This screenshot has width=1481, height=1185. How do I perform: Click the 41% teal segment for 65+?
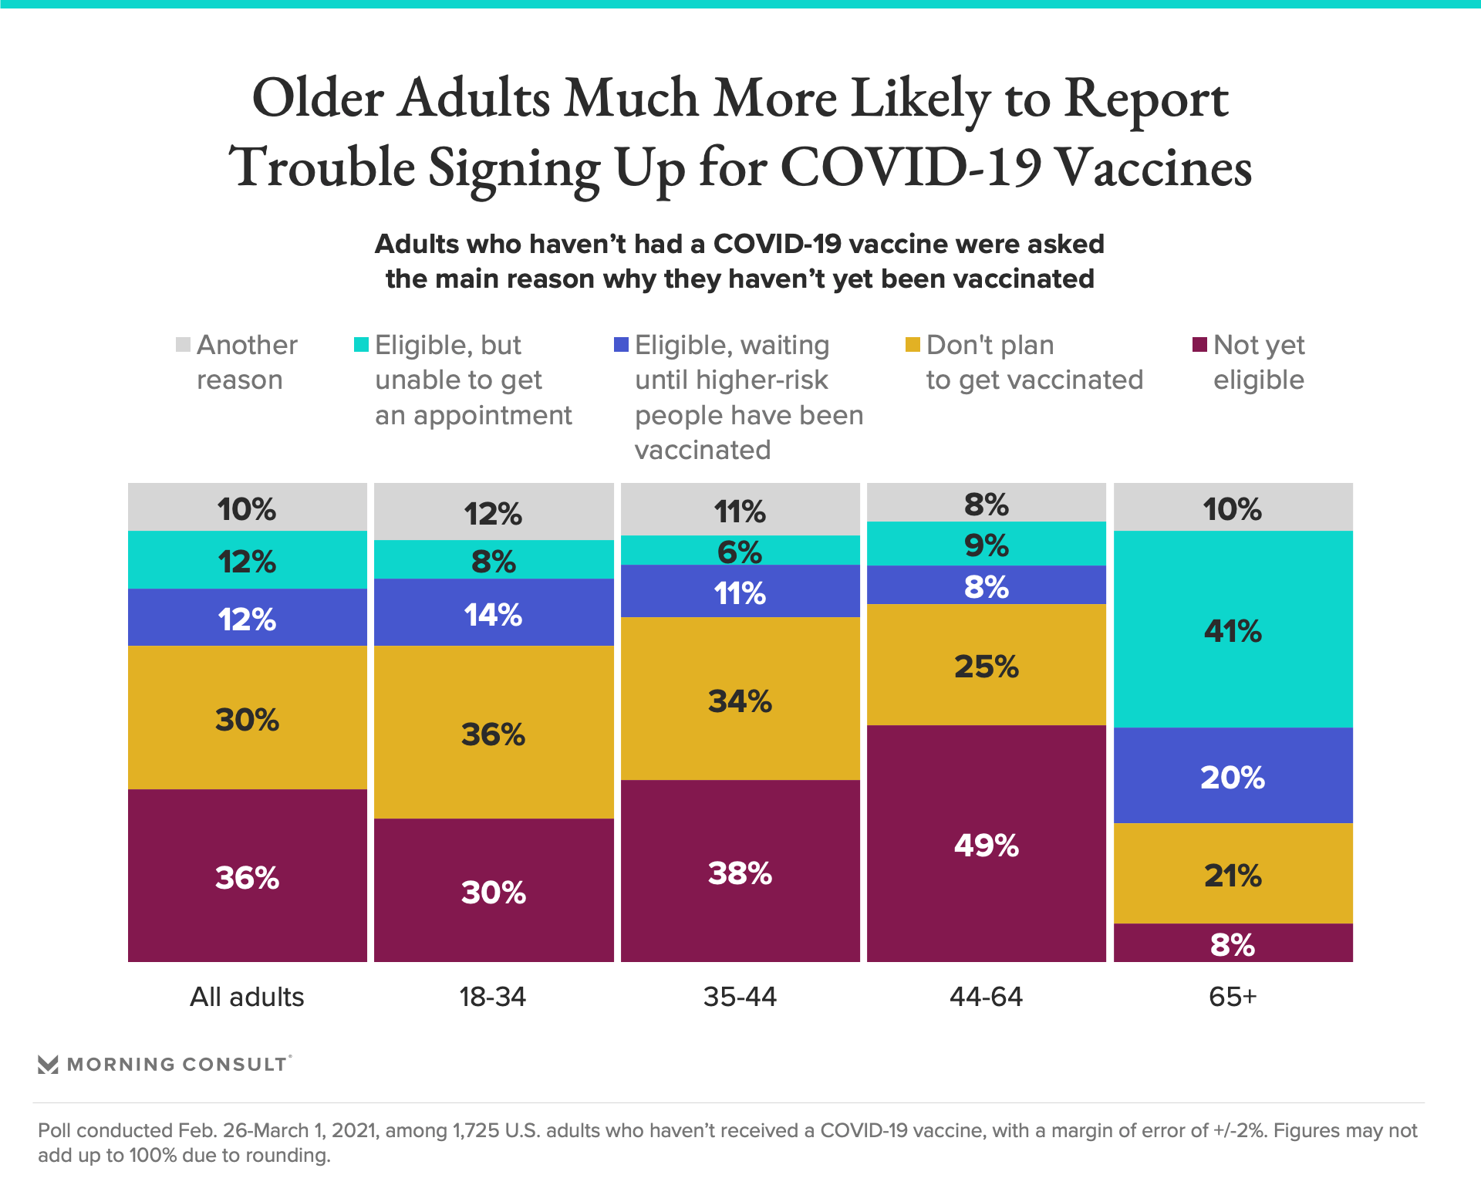pos(1233,629)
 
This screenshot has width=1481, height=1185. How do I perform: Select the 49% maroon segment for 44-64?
pos(986,843)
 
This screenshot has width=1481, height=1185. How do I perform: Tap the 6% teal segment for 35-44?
pos(740,550)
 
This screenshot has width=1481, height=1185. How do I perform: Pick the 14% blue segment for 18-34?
pos(494,613)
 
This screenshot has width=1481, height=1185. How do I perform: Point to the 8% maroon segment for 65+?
pos(1233,943)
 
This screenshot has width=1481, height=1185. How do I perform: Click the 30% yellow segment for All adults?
pos(247,717)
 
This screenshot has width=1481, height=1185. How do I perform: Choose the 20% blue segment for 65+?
pos(1233,775)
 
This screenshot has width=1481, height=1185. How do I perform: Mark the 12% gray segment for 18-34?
pos(494,512)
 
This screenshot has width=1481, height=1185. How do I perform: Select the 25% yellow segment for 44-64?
pos(986,664)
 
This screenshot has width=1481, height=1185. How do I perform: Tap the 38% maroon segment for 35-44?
pos(740,871)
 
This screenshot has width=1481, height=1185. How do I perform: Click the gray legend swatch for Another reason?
pos(183,344)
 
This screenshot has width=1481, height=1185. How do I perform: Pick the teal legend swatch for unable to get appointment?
pos(361,344)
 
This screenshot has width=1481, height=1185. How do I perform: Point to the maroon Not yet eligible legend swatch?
pos(1199,344)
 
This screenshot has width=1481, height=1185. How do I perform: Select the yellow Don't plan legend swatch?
pos(913,344)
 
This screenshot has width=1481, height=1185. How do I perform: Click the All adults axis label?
pos(247,997)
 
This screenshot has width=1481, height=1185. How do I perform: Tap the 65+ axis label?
pos(1233,997)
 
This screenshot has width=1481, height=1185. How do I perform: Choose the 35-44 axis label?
pos(740,997)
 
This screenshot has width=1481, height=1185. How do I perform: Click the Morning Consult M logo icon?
pos(48,1065)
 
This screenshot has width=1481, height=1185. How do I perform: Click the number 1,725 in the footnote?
pos(476,1130)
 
